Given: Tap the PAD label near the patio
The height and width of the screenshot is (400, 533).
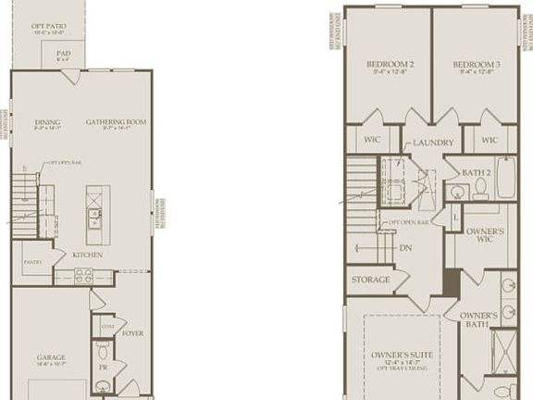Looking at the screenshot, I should (x=63, y=54).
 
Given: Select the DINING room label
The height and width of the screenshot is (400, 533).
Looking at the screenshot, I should (x=47, y=121).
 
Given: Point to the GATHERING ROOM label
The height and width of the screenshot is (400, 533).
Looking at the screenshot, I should (x=117, y=121).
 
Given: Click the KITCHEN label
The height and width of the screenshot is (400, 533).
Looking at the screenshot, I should (x=88, y=255).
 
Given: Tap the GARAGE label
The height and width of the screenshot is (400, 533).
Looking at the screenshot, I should (x=51, y=356).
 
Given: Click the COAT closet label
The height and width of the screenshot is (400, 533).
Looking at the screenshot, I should (x=106, y=327).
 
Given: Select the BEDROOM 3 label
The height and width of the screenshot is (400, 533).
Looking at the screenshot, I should (x=477, y=64).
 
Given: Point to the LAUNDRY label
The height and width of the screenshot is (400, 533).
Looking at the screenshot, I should (x=432, y=143).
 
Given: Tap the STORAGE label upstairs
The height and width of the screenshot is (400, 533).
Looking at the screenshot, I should (x=370, y=279).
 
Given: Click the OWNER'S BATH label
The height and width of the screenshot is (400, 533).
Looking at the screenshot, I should (x=479, y=319).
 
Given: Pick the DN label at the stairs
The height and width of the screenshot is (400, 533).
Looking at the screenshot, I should (x=404, y=248).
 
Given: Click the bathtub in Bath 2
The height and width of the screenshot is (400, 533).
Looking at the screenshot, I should (x=506, y=178).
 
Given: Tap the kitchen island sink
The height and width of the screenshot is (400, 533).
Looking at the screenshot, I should (x=94, y=219).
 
